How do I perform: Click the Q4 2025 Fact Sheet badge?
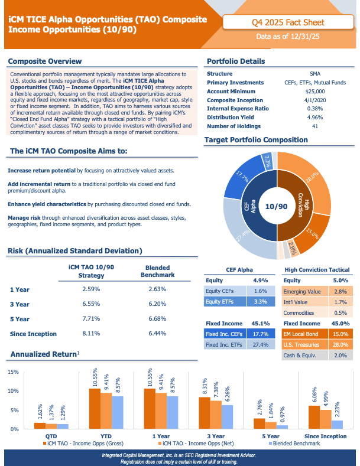point(288,22)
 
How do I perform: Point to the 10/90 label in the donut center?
point(277,207)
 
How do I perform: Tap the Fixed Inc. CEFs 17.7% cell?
point(261,334)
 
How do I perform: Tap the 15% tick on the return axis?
point(13,372)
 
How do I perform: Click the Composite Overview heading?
point(45,61)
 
